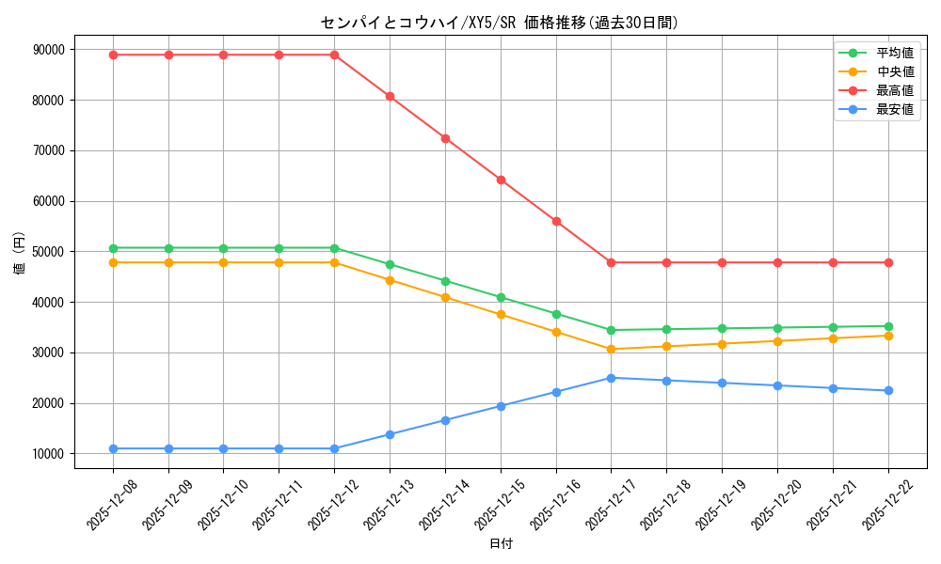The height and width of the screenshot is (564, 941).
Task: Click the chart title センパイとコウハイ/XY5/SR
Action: click(500, 23)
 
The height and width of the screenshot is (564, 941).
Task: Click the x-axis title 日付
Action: click(501, 544)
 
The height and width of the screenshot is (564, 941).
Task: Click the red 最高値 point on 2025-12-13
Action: click(390, 96)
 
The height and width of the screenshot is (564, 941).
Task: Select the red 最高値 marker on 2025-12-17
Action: click(611, 262)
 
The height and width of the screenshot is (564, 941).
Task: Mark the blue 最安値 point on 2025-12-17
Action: click(611, 378)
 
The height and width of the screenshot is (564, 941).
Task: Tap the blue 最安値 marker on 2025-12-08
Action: click(113, 448)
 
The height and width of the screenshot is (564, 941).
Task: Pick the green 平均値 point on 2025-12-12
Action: click(334, 248)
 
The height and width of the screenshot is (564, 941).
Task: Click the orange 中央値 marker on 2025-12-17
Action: click(611, 349)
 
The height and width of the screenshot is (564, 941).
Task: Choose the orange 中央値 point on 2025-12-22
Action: click(888, 336)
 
